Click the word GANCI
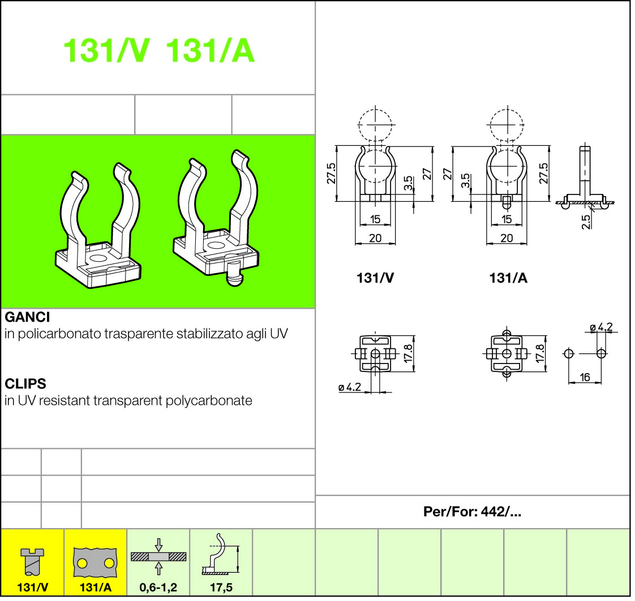coord(27,317)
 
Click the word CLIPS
coord(25,383)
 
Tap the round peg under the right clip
coord(234,274)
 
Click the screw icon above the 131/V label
coord(32,562)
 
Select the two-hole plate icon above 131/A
coord(95,563)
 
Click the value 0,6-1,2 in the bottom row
coord(158,587)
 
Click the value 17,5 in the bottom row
coord(221,587)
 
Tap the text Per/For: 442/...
coord(472,512)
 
